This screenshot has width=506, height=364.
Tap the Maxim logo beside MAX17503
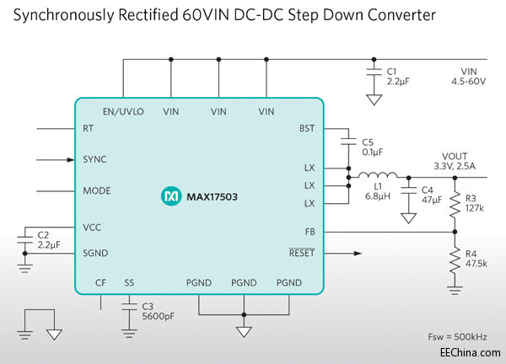click(x=170, y=196)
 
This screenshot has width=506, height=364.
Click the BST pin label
click(x=306, y=129)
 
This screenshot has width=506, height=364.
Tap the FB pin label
click(x=310, y=231)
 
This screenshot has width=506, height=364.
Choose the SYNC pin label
click(x=94, y=159)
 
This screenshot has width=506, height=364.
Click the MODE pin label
click(x=96, y=190)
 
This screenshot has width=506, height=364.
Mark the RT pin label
click(x=89, y=129)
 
